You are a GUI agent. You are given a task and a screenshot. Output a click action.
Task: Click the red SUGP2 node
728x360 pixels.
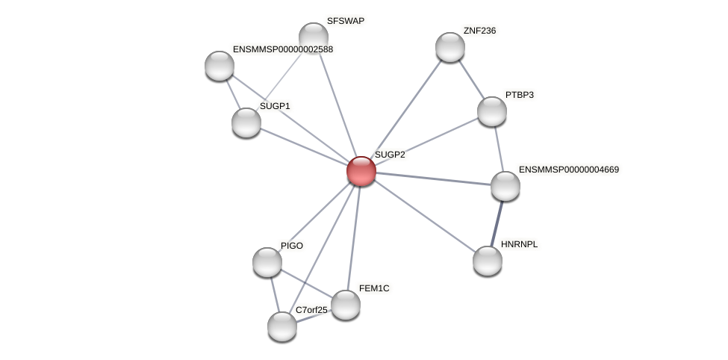tap(361, 171)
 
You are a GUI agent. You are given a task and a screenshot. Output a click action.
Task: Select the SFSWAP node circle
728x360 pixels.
tap(314, 37)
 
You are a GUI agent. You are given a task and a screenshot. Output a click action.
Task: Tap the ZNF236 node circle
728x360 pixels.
tap(449, 47)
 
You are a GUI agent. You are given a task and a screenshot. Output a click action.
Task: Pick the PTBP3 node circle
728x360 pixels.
tap(491, 111)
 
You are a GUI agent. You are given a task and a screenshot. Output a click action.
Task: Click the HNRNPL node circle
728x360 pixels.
tap(488, 260)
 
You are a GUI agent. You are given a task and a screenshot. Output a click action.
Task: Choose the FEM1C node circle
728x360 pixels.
tap(345, 304)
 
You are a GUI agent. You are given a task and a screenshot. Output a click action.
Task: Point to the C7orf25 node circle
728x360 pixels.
tap(281, 326)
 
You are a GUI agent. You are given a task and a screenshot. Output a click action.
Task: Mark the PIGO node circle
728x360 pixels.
tap(267, 261)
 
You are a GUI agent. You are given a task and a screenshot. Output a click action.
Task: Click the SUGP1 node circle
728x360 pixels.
tap(246, 122)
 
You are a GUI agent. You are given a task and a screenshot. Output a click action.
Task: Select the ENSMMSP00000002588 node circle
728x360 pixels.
tap(219, 65)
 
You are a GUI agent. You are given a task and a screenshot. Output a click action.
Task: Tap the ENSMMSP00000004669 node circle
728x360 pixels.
tap(505, 186)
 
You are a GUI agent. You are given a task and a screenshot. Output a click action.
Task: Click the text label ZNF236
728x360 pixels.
tap(479, 31)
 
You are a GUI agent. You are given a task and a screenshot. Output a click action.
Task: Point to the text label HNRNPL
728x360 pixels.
tap(519, 244)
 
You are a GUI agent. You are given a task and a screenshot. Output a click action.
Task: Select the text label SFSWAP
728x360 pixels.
tap(346, 21)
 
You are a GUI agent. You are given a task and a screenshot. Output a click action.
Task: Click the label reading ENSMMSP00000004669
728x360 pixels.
tap(568, 170)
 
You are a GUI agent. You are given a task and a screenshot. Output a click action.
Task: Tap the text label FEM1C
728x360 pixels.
tap(373, 288)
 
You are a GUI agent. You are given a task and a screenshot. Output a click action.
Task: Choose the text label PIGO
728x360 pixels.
tap(292, 246)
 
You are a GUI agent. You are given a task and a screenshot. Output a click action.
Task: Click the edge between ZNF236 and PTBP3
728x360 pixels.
tap(470, 79)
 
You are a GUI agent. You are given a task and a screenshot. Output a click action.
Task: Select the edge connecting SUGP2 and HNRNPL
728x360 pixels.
tap(424, 216)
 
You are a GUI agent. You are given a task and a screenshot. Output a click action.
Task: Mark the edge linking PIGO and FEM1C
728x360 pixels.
tap(306, 283)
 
